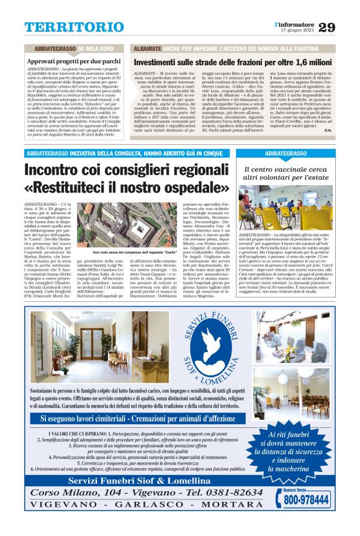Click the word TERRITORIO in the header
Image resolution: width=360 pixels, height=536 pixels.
(66, 27)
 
